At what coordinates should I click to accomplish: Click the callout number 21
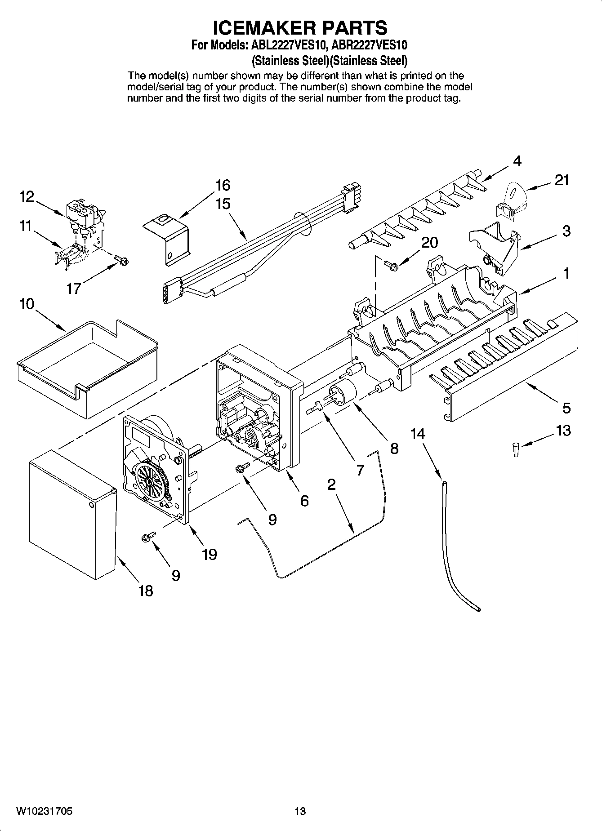[x=562, y=180]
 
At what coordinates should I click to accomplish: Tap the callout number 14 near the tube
[x=418, y=434]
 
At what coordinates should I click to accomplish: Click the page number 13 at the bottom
[x=300, y=811]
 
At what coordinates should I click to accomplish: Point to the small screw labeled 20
[x=391, y=266]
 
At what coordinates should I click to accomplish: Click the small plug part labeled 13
[x=515, y=449]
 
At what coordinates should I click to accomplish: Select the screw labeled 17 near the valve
[x=121, y=259]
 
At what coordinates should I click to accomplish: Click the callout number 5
[x=566, y=408]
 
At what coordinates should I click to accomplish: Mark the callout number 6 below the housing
[x=304, y=501]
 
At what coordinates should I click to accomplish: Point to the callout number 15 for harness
[x=223, y=204]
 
